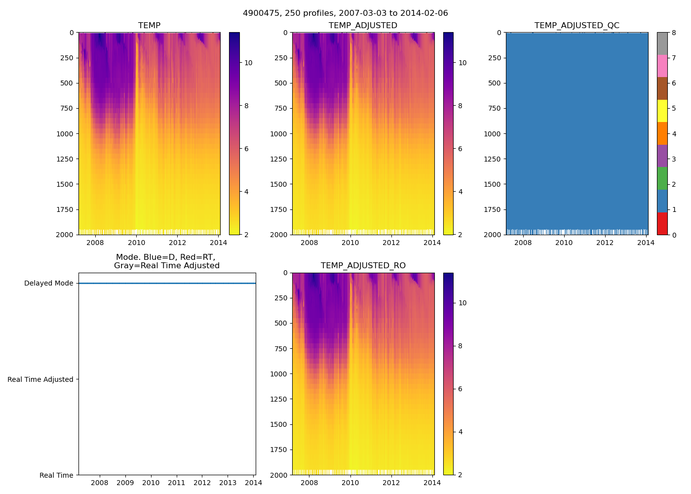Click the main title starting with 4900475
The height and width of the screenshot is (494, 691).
coord(345,13)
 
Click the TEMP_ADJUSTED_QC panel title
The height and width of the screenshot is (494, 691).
coord(576,26)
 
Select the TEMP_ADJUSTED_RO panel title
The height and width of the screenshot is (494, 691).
coord(363,266)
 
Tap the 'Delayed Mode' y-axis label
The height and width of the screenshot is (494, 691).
coord(48,283)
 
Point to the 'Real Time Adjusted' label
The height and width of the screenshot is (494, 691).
coord(40,379)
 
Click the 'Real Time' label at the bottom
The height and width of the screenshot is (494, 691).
coord(56,475)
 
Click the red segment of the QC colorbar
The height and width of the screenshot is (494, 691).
coord(662,223)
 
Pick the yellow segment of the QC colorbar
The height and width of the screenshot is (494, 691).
coord(662,111)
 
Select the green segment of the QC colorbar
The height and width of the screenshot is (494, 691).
coord(662,178)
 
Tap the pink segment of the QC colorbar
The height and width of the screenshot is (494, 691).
coord(662,66)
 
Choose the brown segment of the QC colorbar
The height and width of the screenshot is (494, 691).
coord(662,88)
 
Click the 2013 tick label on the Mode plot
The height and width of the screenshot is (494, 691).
coord(228,483)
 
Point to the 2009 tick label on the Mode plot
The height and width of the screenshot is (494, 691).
coord(125,483)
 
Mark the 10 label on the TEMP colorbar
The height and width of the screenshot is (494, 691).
coord(248,63)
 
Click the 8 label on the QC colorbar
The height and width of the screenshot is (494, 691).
coord(674,33)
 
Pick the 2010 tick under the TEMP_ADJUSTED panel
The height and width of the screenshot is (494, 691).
coord(350,243)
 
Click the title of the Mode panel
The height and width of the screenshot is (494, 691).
coord(166,261)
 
